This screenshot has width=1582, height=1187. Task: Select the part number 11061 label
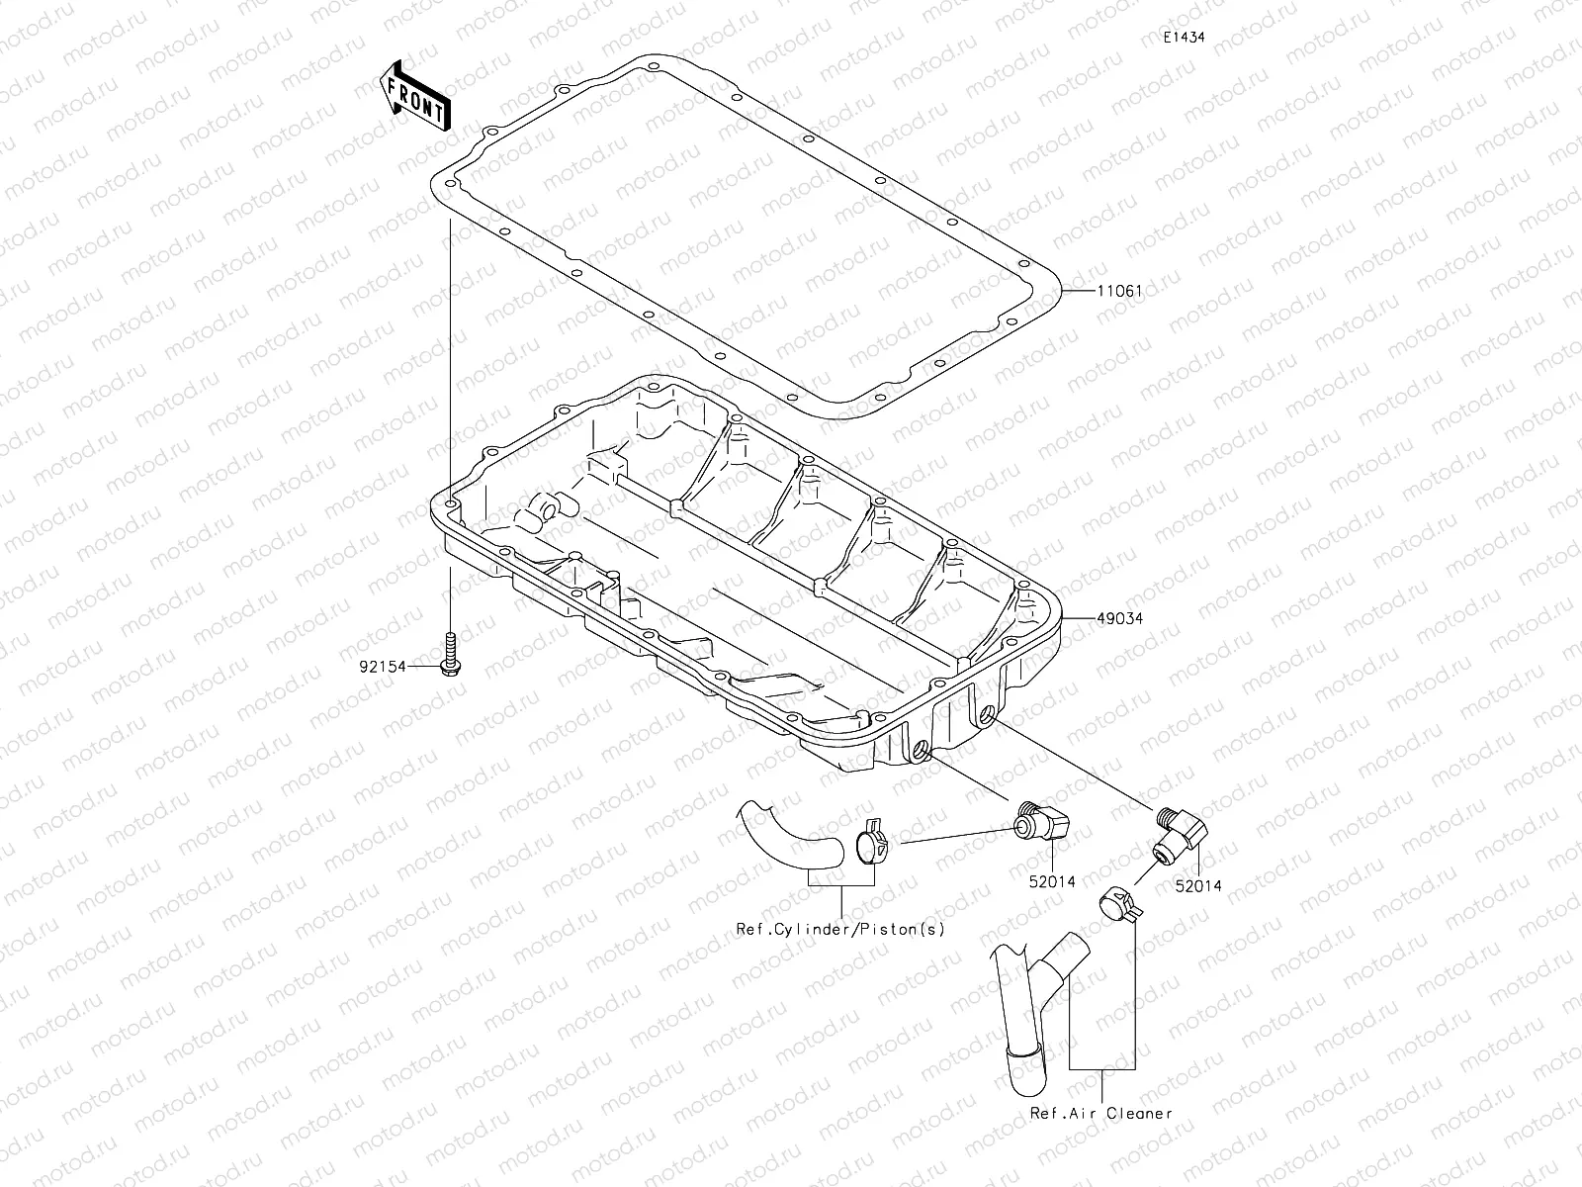click(x=1119, y=292)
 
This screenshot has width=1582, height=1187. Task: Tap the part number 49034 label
click(x=1119, y=618)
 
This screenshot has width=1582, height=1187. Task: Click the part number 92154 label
click(x=383, y=668)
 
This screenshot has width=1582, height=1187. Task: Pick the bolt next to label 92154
click(x=450, y=657)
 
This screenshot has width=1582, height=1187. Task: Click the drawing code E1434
click(x=1183, y=38)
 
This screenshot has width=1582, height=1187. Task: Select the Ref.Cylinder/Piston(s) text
click(x=840, y=929)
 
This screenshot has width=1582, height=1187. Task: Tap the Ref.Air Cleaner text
click(x=1101, y=1113)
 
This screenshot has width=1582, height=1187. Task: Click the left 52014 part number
click(x=1051, y=881)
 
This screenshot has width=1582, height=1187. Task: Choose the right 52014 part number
click(x=1198, y=886)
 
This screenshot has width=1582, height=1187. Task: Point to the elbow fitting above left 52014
click(x=1043, y=821)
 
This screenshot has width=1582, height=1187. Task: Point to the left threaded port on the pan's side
click(x=922, y=755)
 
